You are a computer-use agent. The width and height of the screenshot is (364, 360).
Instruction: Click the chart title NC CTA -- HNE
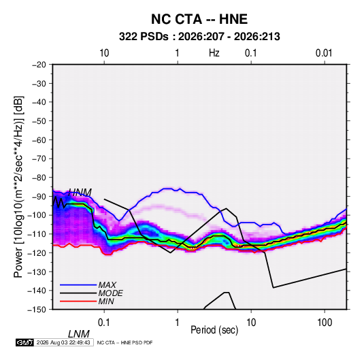[x=199, y=19]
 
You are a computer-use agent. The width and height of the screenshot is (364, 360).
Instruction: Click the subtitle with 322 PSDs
[x=199, y=37]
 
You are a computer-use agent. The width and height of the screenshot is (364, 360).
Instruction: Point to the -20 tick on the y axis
[x=39, y=65]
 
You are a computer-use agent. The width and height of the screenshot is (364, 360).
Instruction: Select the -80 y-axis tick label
[x=39, y=178]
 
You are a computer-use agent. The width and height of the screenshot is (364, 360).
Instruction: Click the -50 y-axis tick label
[x=39, y=120]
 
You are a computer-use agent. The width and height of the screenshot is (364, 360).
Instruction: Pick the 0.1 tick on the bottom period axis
[x=104, y=323]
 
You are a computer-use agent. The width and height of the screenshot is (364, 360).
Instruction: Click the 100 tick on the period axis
[x=325, y=323]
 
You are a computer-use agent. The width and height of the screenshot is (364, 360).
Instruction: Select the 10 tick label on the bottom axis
[x=251, y=323]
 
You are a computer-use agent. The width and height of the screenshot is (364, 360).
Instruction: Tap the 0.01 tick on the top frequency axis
[x=324, y=53]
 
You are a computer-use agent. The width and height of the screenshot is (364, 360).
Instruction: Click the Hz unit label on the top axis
[x=214, y=53]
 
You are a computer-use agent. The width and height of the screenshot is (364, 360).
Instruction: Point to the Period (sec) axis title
[x=214, y=329]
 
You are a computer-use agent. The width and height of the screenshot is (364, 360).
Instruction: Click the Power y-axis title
[x=18, y=187]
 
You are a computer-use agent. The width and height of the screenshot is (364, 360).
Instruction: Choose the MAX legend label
[x=107, y=285]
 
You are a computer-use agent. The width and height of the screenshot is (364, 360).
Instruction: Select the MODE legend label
[x=110, y=293]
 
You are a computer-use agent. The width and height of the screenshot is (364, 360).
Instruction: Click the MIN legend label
[x=106, y=301]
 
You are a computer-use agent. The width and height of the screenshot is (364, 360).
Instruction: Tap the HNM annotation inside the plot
[x=80, y=193]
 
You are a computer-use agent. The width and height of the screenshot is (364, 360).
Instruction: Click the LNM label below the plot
[x=79, y=334]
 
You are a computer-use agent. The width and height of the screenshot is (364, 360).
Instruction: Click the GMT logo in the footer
[x=24, y=342]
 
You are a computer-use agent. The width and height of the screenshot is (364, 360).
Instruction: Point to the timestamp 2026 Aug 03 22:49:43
[x=63, y=342]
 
